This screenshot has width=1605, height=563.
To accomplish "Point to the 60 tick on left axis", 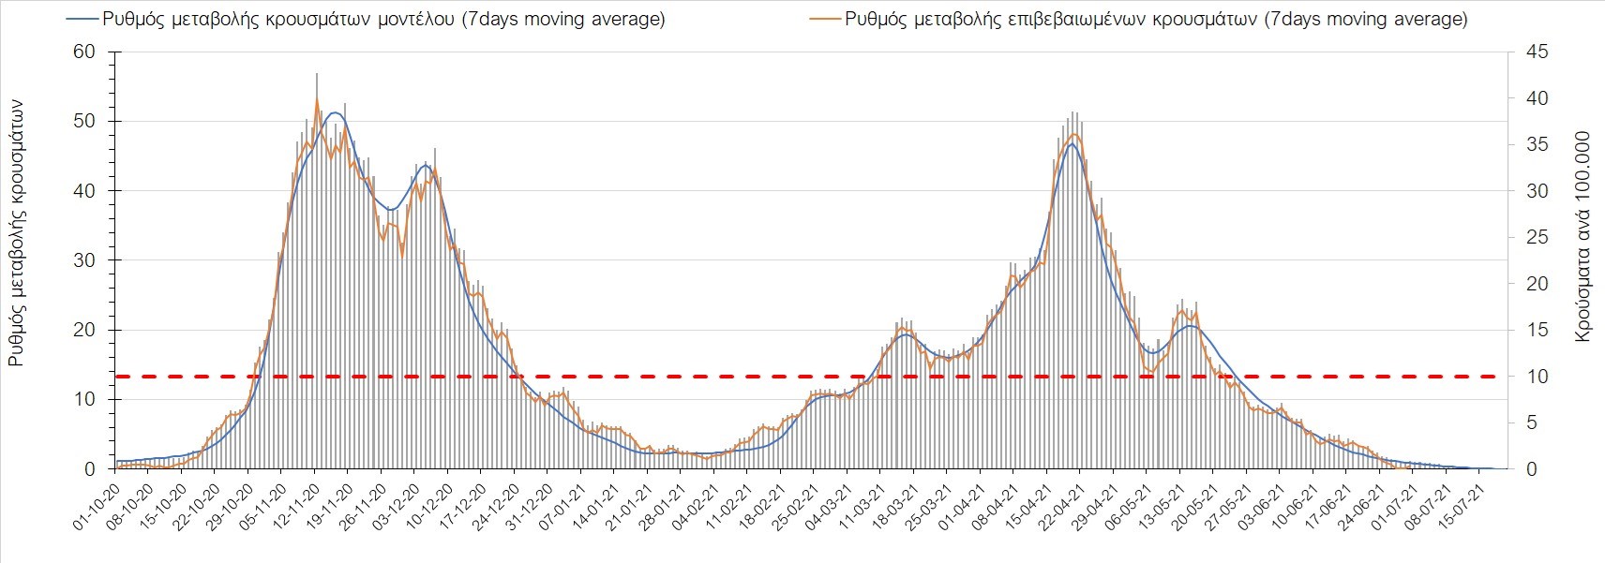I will pyautogui.click(x=84, y=52).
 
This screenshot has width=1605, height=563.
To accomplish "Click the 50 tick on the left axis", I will pyautogui.click(x=84, y=121).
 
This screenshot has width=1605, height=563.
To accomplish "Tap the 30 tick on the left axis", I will pyautogui.click(x=84, y=260).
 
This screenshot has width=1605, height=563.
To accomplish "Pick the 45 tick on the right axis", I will pyautogui.click(x=1537, y=52).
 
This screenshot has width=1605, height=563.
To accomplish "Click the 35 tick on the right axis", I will pyautogui.click(x=1537, y=144).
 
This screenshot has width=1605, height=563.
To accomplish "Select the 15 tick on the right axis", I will pyautogui.click(x=1537, y=330).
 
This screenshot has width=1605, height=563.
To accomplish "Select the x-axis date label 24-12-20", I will pyautogui.click(x=500, y=507).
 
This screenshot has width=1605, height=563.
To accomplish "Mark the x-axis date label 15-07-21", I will pyautogui.click(x=1465, y=507).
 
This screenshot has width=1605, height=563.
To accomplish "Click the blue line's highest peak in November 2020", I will pyautogui.click(x=335, y=112).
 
